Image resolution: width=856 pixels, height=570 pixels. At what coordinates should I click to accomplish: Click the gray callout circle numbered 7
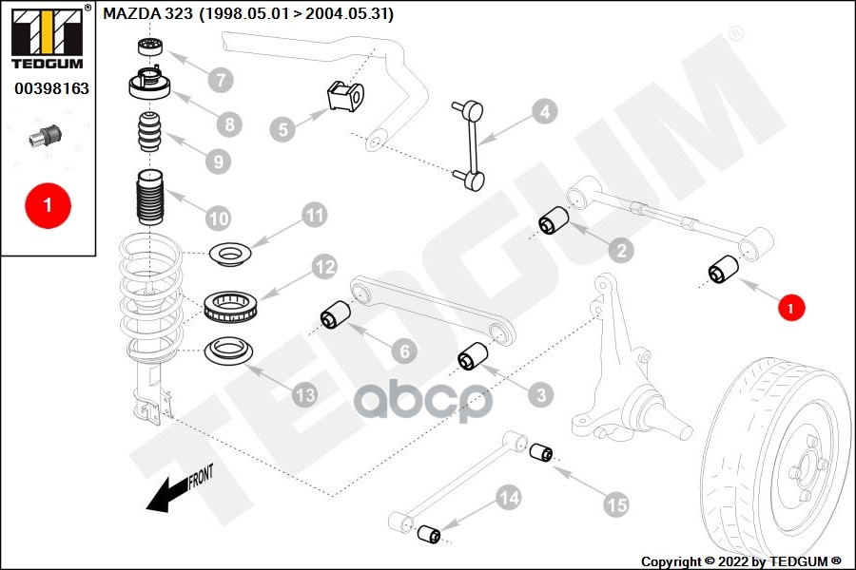pos(220,79)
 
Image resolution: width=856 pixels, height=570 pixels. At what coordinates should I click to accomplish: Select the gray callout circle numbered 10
pos(219,218)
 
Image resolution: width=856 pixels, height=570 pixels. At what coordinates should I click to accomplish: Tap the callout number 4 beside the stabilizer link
pos(542,112)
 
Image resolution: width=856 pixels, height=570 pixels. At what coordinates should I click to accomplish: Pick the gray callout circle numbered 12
pos(324,268)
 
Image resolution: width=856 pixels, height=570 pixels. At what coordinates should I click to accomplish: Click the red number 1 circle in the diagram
pos(789,307)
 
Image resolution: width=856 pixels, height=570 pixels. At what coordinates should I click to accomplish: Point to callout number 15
pos(616,505)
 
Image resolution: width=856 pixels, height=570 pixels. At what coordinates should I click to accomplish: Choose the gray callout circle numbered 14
pos(508,496)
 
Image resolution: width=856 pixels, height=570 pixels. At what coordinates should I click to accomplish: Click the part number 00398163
pos(49,88)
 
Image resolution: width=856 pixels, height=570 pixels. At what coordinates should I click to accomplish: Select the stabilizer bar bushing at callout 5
pos(345,96)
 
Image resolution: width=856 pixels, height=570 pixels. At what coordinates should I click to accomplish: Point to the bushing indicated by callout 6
pos(334,315)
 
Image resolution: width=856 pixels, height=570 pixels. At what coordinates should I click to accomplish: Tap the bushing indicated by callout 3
pos(472,360)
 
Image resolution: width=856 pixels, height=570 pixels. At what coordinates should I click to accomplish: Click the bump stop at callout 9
pos(147,133)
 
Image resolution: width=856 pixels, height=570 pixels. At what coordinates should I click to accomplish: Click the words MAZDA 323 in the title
pos(147,14)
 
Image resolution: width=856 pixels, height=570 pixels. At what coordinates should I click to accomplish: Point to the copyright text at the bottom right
pos(741,560)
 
